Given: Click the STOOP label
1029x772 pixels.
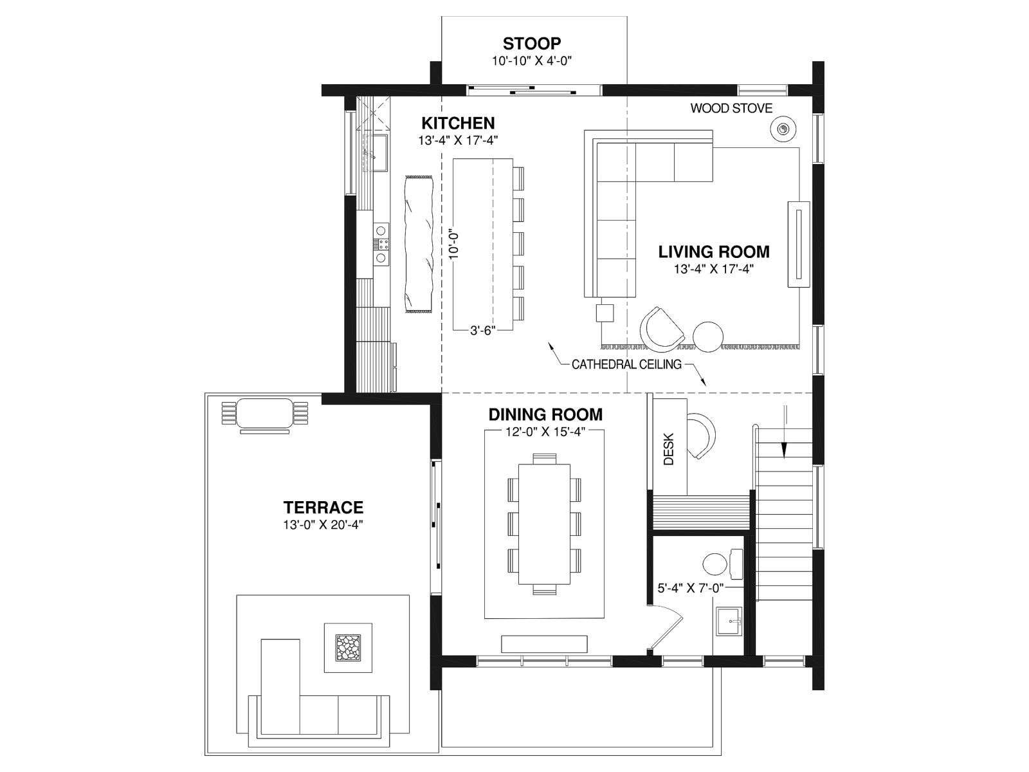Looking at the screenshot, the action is tap(532, 43).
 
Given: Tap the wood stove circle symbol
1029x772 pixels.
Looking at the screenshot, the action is tap(782, 128).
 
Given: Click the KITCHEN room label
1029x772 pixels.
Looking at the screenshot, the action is tap(458, 123).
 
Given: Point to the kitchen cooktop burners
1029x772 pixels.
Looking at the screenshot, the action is tap(381, 244).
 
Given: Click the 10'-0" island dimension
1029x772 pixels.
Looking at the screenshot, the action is tap(453, 246).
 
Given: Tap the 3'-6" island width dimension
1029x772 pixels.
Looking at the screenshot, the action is tap(483, 331).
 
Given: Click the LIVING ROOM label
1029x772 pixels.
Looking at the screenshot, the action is tap(714, 252).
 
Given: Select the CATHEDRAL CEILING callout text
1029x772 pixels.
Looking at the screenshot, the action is tap(626, 364).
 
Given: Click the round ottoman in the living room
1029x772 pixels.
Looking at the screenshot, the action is tap(708, 336).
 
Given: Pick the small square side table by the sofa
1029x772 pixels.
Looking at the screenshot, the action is tap(605, 313).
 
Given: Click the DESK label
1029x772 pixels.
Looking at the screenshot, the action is tap(669, 448).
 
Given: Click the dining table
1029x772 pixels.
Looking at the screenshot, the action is tap(544, 524).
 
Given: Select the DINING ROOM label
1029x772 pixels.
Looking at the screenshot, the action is tap(545, 414).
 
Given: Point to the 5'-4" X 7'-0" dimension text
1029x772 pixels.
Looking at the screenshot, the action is tap(691, 588).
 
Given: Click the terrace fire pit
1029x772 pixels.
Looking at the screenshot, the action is tap(349, 648).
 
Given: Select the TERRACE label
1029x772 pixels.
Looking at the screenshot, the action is tap(323, 507).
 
